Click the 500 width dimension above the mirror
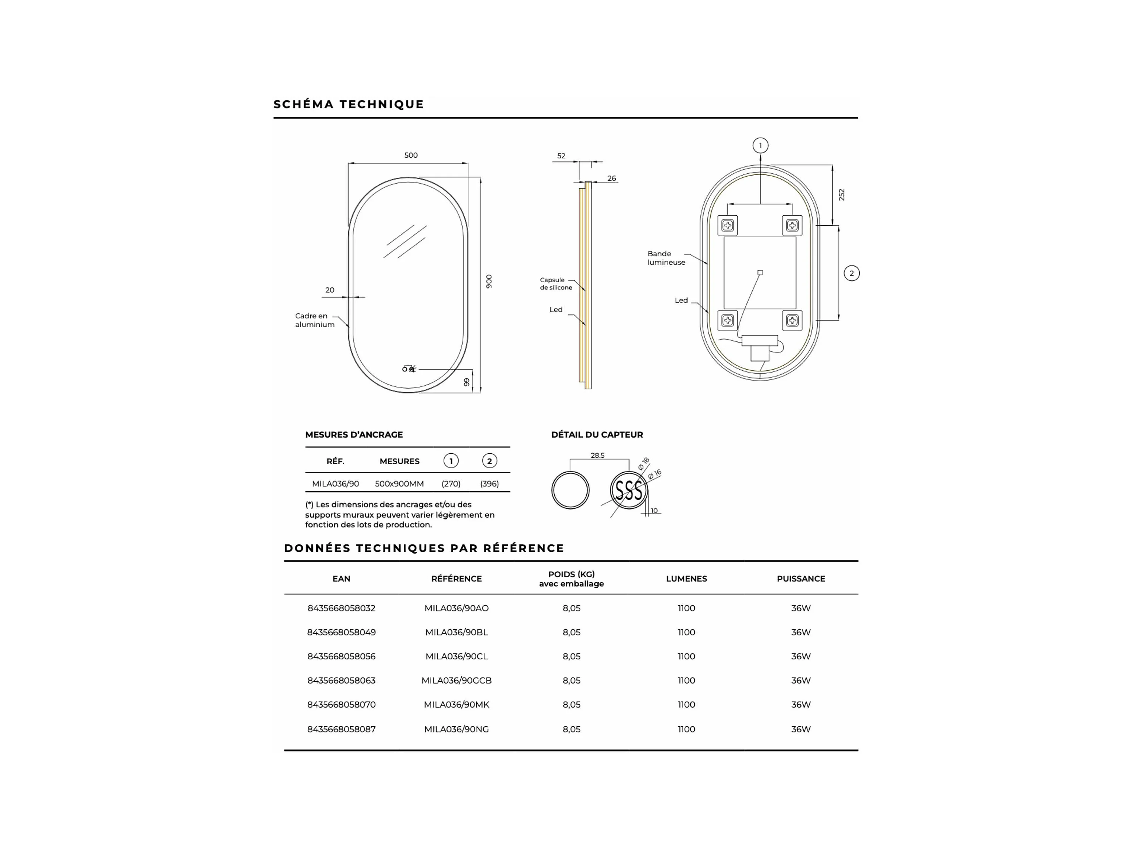pyautogui.click(x=411, y=155)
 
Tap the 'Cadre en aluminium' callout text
pyautogui.click(x=314, y=320)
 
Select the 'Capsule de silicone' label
pyautogui.click(x=556, y=284)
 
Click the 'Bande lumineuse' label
pyautogui.click(x=666, y=258)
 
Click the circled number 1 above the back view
pyautogui.click(x=760, y=145)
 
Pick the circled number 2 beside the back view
pyautogui.click(x=851, y=273)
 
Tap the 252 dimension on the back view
pyautogui.click(x=842, y=194)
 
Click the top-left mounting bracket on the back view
pyautogui.click(x=727, y=225)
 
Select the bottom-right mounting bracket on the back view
pyautogui.click(x=793, y=321)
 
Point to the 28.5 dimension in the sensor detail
pyautogui.click(x=597, y=455)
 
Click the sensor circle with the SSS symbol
pyautogui.click(x=628, y=490)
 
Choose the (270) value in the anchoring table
pyautogui.click(x=451, y=483)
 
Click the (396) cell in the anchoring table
pyautogui.click(x=489, y=483)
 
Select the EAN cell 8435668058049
pyautogui.click(x=341, y=632)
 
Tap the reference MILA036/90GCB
pyautogui.click(x=457, y=680)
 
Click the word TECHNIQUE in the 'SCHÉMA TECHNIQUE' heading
pyautogui.click(x=382, y=104)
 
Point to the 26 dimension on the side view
pyautogui.click(x=612, y=178)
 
